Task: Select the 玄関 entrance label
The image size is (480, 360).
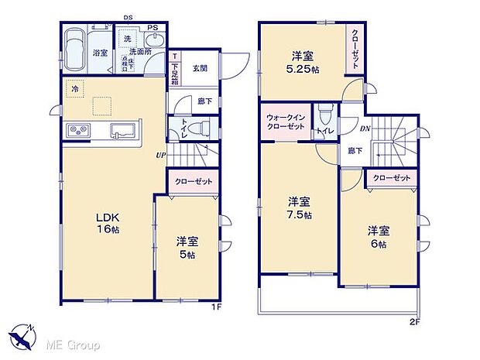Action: click(199, 68)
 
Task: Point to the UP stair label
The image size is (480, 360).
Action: click(161, 153)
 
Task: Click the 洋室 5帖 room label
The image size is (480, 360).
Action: click(184, 246)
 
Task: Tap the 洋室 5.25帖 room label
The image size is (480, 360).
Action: click(303, 62)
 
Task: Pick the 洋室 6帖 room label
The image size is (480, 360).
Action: click(379, 236)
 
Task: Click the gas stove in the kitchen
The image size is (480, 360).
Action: click(80, 130)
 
